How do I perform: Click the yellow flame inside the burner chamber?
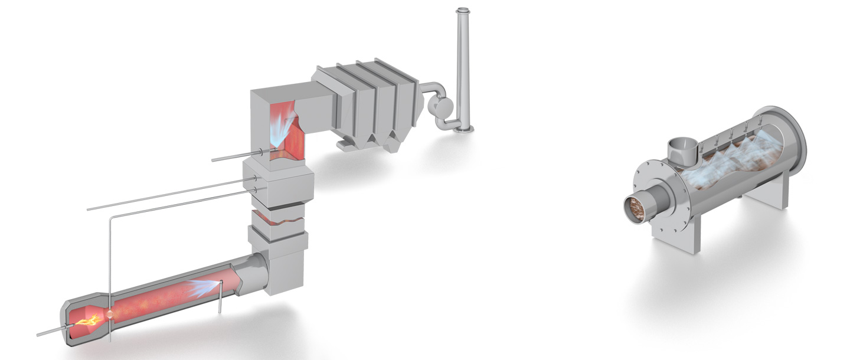tap(85, 321)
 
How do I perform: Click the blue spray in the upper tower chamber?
tap(282, 129)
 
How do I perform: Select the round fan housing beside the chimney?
tap(441, 107)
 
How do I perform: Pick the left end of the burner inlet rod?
tap(39, 334)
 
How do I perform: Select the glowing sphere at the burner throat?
tap(111, 314)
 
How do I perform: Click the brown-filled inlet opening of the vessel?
tap(637, 206)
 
